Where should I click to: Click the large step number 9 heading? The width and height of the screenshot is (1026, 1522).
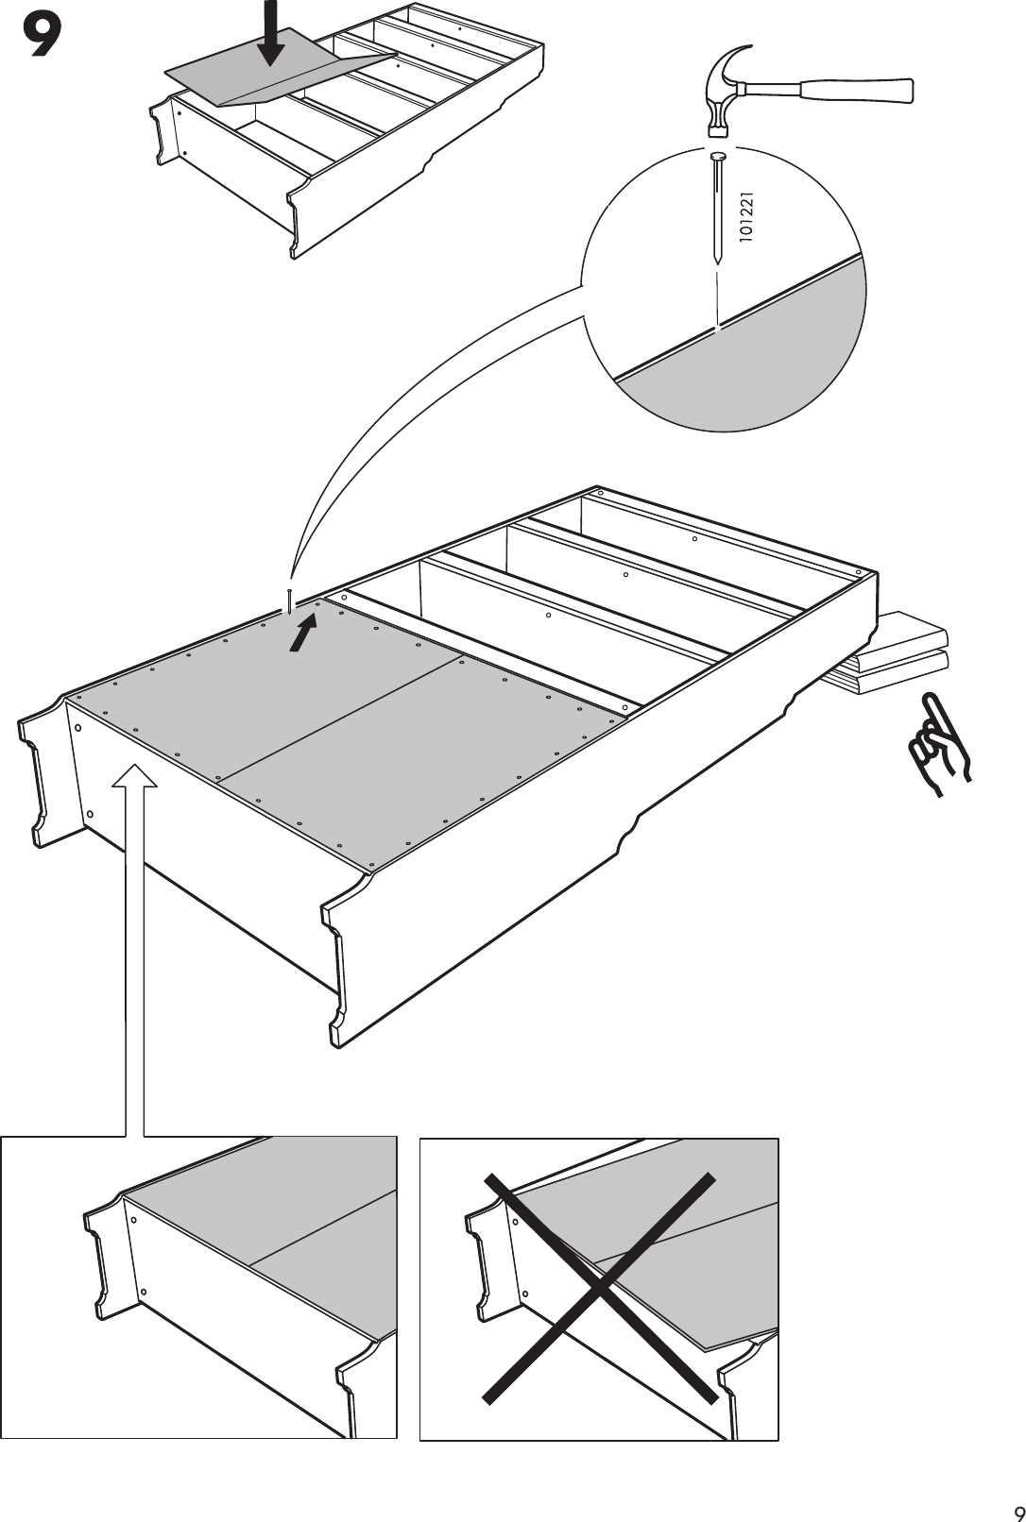click(42, 38)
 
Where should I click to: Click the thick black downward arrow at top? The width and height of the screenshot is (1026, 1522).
click(272, 33)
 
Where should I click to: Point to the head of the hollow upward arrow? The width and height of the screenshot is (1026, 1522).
click(135, 776)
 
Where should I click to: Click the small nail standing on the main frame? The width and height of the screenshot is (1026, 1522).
click(287, 600)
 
